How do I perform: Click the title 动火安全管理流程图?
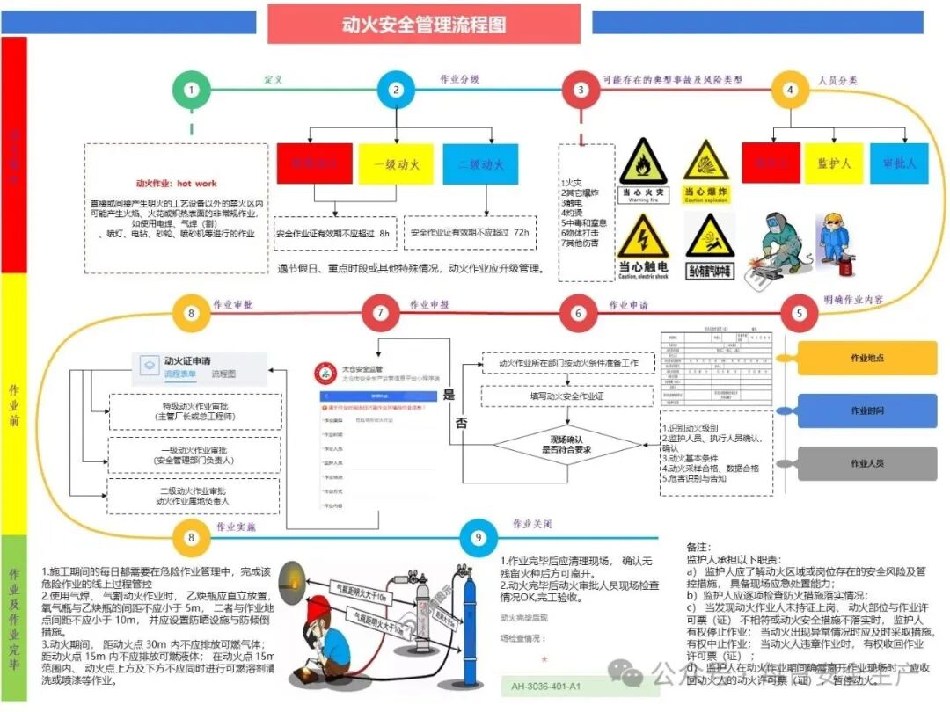[424, 24]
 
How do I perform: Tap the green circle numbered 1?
[192, 89]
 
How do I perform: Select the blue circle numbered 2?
[396, 89]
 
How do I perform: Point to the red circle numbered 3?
[580, 89]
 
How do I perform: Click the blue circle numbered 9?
[478, 538]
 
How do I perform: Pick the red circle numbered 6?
[578, 313]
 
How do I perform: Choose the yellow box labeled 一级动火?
[396, 164]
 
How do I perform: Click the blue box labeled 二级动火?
[486, 164]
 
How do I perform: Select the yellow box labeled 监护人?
[834, 163]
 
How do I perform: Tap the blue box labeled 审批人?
[899, 163]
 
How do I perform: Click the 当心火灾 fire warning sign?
[643, 172]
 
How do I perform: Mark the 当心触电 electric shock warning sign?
[643, 247]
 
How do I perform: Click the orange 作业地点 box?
[867, 358]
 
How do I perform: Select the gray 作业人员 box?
[867, 463]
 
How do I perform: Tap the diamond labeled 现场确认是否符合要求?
[566, 444]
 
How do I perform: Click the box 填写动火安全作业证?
[566, 396]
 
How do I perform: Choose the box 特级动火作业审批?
[194, 411]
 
